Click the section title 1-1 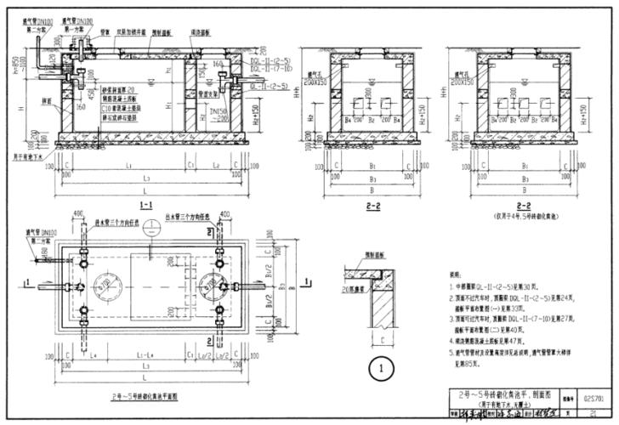click(x=145, y=207)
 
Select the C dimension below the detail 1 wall click(x=372, y=332)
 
